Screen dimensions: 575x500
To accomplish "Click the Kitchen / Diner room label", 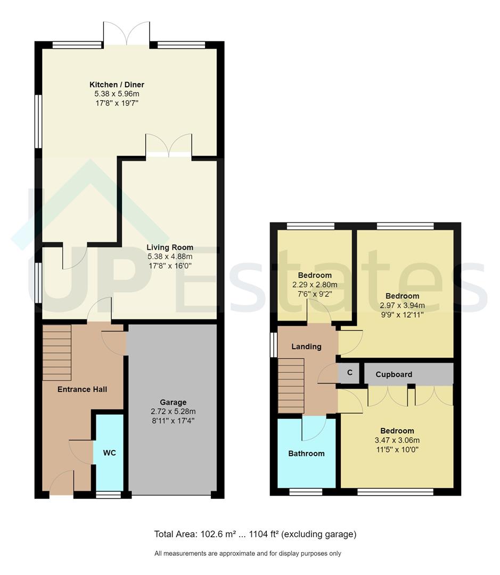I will pyautogui.click(x=117, y=85).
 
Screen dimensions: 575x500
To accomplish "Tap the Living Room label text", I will pyautogui.click(x=170, y=248).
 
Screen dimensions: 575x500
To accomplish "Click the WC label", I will pyautogui.click(x=109, y=453).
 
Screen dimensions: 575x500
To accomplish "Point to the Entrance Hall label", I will pyautogui.click(x=82, y=389).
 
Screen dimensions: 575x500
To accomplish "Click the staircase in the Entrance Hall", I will pyautogui.click(x=57, y=352).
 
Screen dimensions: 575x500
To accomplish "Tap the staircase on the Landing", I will pyautogui.click(x=291, y=385).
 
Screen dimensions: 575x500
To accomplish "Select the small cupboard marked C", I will pyautogui.click(x=350, y=373).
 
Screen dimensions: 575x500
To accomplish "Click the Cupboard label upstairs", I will pyautogui.click(x=394, y=374).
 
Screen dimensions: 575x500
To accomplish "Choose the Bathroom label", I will pyautogui.click(x=306, y=454).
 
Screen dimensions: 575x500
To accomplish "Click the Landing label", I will pyautogui.click(x=306, y=347).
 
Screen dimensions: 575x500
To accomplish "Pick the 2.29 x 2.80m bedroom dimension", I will pyautogui.click(x=315, y=285).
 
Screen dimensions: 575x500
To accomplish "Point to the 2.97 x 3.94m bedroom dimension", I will pyautogui.click(x=403, y=306).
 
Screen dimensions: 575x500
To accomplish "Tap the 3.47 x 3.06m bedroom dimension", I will pyautogui.click(x=397, y=440).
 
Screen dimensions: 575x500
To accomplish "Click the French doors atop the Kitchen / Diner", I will pyautogui.click(x=127, y=35).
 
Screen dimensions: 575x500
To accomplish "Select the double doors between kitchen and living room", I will pyautogui.click(x=169, y=146).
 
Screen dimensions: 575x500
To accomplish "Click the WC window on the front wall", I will pyautogui.click(x=108, y=495).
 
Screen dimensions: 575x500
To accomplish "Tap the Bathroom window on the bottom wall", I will pyautogui.click(x=306, y=492).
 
